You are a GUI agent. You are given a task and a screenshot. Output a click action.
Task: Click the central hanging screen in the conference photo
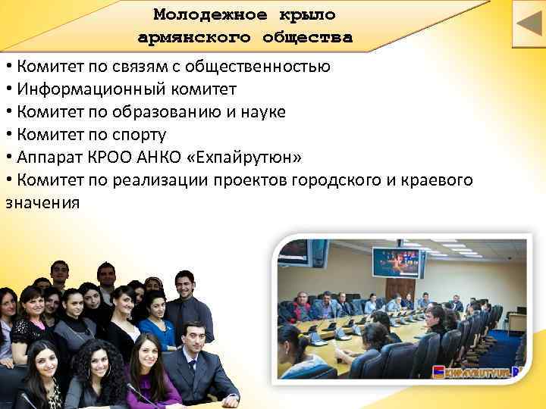[396, 262]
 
